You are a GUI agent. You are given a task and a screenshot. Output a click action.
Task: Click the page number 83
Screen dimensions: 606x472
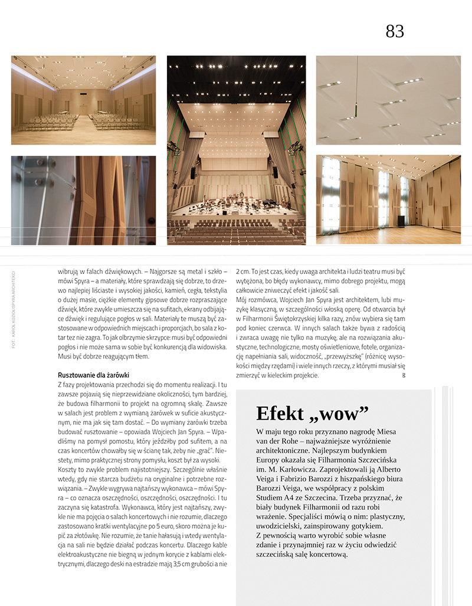(395, 31)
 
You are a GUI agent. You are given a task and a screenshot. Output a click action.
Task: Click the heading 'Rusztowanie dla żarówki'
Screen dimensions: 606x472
(94, 375)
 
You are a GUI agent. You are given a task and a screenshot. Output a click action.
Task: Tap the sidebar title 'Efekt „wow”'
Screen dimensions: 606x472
(313, 412)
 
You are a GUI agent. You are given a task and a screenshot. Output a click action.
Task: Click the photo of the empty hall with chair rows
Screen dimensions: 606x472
(83, 100)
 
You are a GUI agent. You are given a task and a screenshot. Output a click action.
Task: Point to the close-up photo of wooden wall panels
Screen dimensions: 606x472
(83, 200)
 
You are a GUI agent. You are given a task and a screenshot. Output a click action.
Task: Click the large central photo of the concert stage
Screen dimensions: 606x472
(236, 150)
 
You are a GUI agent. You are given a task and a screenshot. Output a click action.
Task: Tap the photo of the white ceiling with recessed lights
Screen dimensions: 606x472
(388, 100)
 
